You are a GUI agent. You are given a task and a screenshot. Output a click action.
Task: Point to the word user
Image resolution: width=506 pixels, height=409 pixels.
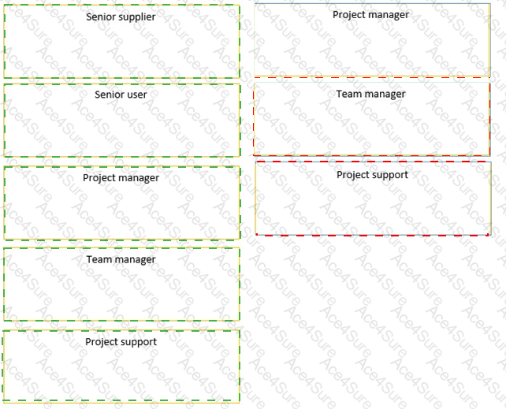point(137,95)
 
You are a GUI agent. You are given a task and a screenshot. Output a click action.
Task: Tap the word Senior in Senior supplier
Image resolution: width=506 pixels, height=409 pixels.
point(99,17)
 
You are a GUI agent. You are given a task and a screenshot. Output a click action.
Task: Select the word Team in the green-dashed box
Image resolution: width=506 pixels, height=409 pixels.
point(98,259)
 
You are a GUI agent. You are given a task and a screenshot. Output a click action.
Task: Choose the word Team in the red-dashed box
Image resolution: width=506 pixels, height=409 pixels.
point(348,94)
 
